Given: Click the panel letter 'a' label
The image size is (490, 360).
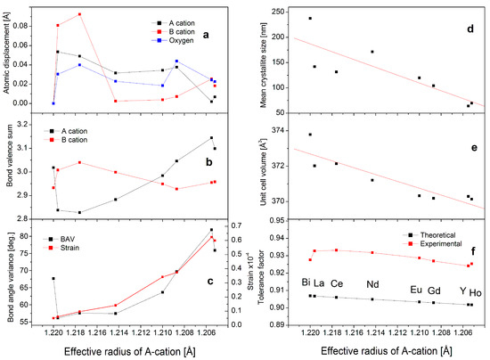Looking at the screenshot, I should click(x=206, y=34).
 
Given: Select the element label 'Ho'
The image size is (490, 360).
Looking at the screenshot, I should click(x=475, y=290).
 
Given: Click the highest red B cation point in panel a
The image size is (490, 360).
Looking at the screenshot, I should click(x=79, y=14).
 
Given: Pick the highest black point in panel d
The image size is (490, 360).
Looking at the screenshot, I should click(x=310, y=18).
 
